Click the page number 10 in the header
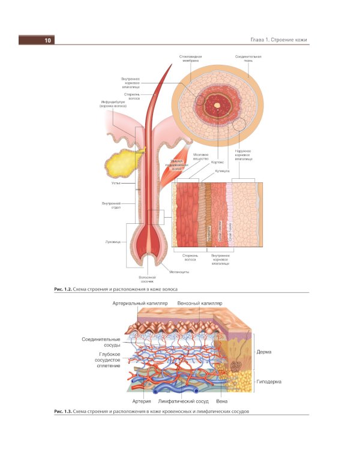[47, 40]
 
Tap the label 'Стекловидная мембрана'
[190, 58]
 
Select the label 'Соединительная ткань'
[248, 58]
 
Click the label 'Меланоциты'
[179, 272]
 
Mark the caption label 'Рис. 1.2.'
[63, 289]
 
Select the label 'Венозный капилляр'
[199, 304]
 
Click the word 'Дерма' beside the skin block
[265, 352]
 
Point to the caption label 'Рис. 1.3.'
[63, 412]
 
